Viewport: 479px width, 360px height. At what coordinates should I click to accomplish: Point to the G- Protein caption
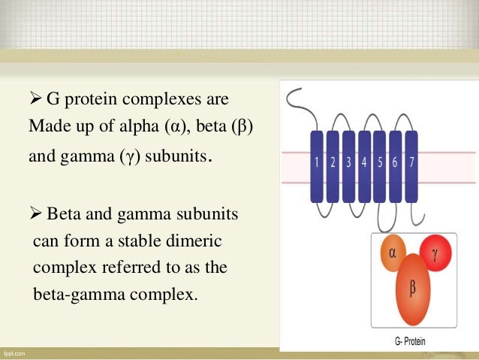point(410,341)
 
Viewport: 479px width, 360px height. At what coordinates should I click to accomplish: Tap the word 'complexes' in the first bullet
point(155,99)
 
